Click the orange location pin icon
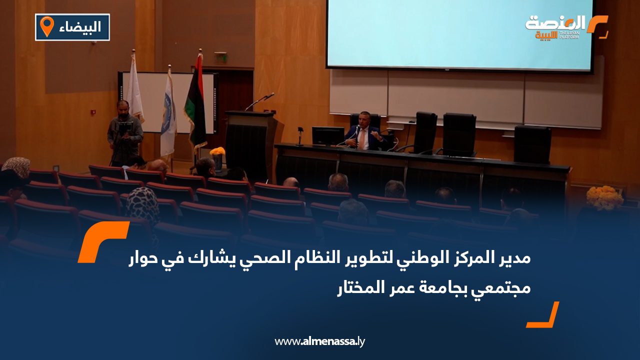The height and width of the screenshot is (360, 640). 46,26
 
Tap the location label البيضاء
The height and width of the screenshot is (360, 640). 82,27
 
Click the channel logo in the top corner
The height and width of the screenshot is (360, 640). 565,27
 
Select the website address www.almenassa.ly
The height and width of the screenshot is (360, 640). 319,341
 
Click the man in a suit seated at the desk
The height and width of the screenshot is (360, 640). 362,135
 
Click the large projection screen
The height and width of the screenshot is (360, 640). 459,34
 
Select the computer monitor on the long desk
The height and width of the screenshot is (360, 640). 328,135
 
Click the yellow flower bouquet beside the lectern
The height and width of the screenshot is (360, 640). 217,152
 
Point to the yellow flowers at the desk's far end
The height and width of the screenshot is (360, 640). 604,197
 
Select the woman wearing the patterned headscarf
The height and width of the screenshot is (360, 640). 142,205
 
